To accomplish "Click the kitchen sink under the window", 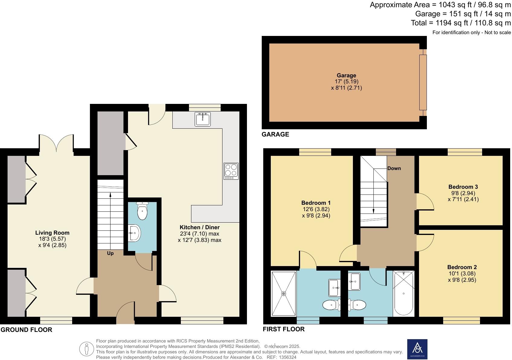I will point(203,119).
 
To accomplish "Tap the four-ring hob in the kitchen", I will point(231,171).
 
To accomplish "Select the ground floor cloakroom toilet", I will point(142,211).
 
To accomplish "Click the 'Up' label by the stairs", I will point(110,253).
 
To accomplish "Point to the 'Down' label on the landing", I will point(394,168).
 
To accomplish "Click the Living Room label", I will point(52,233).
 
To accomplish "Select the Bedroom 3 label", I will point(463,187).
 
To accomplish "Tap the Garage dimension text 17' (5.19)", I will point(346,82).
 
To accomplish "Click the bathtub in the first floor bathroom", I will point(403,293).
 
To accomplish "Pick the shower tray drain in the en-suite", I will point(283,293).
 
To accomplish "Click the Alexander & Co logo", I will point(417,349).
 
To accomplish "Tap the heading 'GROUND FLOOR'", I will point(26,330).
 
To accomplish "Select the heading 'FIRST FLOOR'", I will point(283,329).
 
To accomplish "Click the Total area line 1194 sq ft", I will point(461,23).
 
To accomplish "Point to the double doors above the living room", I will point(56,143).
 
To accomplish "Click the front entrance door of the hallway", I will point(125,314).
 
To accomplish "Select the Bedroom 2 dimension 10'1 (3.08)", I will point(462,273).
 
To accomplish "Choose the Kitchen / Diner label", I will point(200,227).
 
